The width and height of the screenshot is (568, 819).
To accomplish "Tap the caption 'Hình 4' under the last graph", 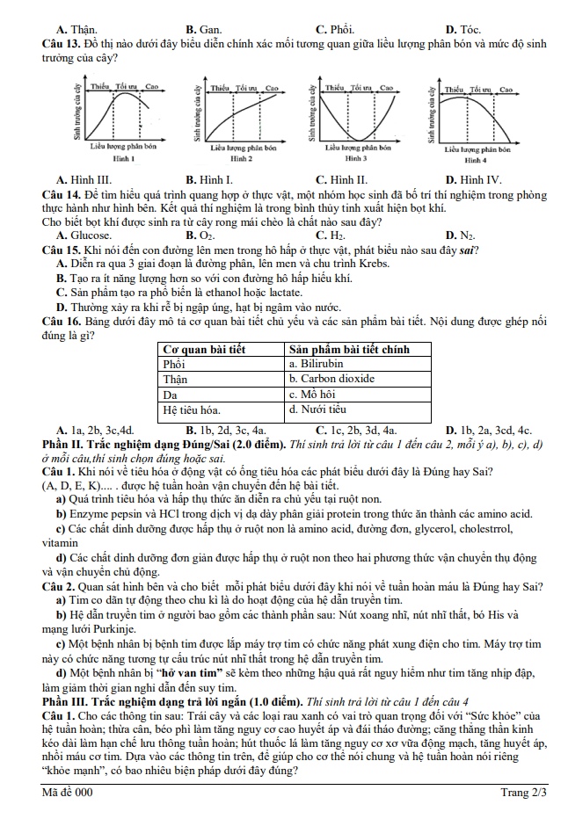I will click(475, 161).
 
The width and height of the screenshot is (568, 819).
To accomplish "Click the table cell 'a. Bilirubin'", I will click(316, 363).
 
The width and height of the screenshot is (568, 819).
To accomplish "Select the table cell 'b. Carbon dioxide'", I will click(332, 379).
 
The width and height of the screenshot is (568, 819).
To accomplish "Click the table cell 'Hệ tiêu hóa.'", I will click(192, 409).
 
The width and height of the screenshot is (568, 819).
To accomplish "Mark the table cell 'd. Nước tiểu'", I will click(319, 409).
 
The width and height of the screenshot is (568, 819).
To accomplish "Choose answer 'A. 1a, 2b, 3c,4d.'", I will click(95, 430).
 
